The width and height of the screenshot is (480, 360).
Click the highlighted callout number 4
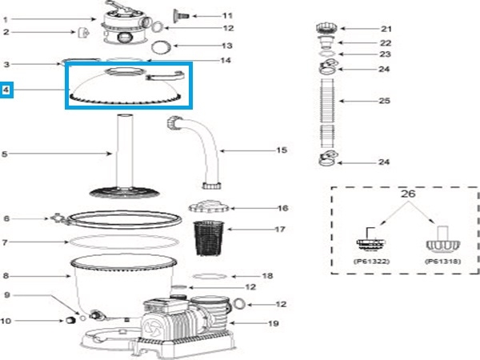click(6, 90)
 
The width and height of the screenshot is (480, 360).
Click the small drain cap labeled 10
click(70, 322)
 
